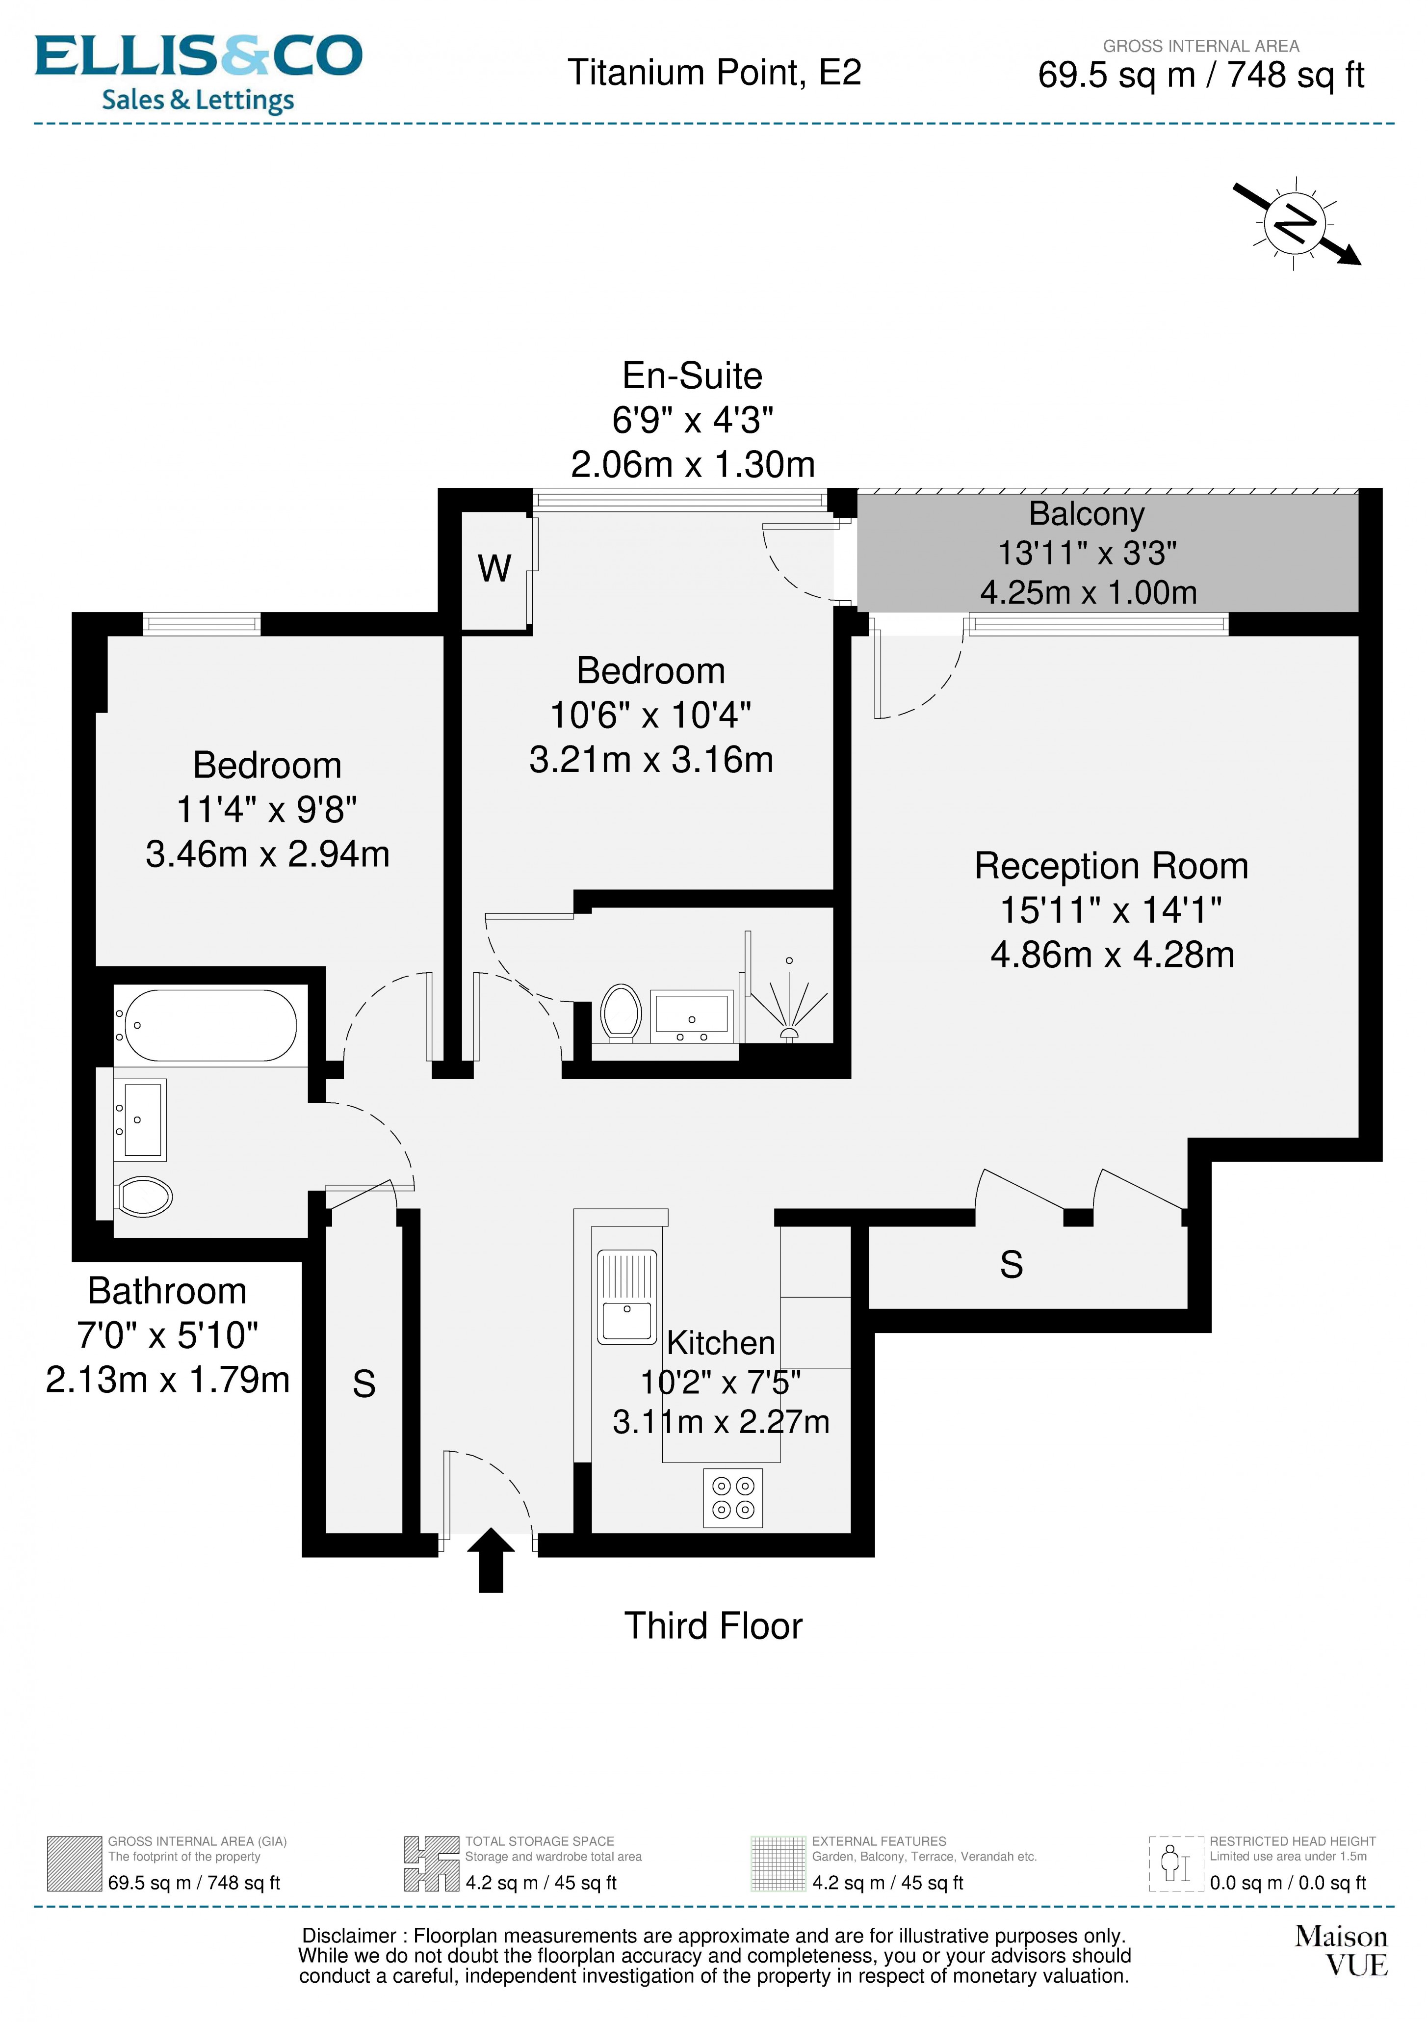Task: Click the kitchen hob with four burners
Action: (732, 1498)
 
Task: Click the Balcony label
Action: (1087, 513)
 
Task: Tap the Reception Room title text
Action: (1111, 866)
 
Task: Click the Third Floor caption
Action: (713, 1626)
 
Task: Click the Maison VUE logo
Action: (1341, 1950)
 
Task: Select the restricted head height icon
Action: (1175, 1864)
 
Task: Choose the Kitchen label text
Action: (720, 1342)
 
